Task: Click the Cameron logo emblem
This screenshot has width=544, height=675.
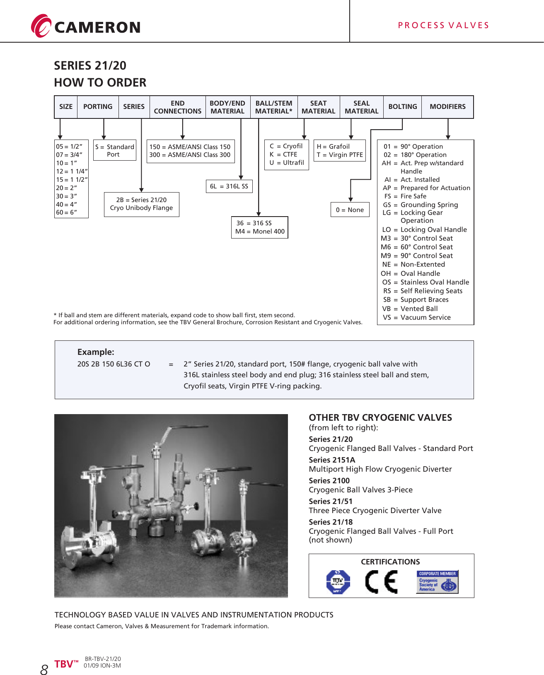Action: [x=41, y=26]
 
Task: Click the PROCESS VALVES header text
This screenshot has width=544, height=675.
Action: [x=443, y=25]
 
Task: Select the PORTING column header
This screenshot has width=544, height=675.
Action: [x=98, y=107]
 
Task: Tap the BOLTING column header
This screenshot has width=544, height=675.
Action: [x=402, y=107]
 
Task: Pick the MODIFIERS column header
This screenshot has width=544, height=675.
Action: [x=447, y=107]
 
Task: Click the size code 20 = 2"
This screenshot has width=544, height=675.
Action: [x=67, y=188]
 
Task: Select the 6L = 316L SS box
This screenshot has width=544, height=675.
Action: [x=229, y=186]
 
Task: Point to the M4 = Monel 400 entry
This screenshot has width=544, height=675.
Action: [x=260, y=231]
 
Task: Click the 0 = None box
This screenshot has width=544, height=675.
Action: [x=350, y=210]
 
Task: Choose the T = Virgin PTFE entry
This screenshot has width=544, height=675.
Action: [x=340, y=155]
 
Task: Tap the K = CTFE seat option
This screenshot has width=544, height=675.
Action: [x=283, y=154]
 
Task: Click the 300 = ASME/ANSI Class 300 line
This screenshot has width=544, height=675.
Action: [x=190, y=155]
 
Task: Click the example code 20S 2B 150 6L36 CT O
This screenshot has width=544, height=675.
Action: [x=114, y=364]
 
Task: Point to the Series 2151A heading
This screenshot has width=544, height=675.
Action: [x=332, y=460]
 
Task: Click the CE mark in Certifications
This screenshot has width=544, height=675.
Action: [x=381, y=582]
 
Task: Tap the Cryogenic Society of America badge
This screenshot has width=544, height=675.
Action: [x=437, y=582]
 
